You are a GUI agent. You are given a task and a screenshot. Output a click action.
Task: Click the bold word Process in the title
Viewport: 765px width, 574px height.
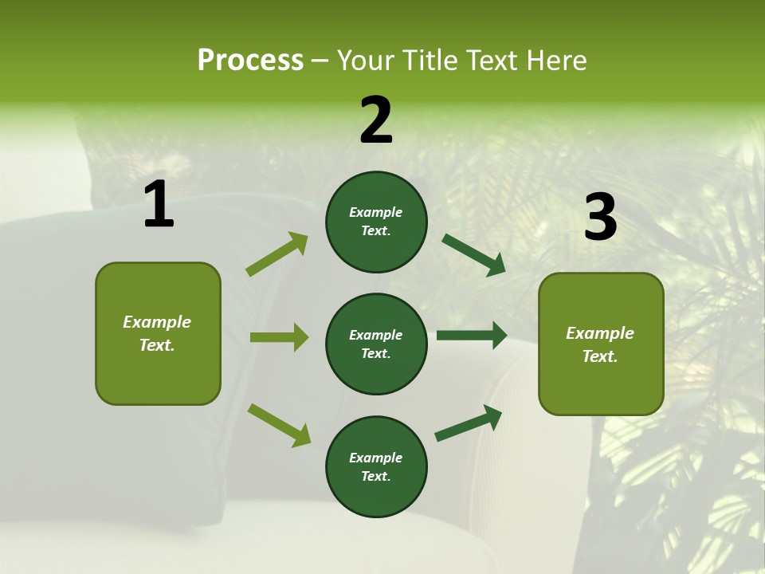pos(250,61)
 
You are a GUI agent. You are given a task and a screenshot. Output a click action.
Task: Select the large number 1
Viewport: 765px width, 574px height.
pos(158,205)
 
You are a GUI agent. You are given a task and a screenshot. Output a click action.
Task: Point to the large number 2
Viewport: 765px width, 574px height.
pos(375,120)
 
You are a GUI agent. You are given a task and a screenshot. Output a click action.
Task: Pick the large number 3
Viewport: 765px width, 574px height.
pos(600,218)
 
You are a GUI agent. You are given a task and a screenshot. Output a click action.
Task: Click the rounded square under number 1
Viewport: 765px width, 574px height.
pos(158,333)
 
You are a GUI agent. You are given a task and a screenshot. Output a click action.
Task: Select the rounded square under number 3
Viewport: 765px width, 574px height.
pos(601,344)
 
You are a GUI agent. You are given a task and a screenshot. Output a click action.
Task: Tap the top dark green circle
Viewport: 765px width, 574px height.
pos(376,222)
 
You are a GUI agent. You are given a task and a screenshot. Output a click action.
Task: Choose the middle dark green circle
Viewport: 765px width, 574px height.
pos(376,344)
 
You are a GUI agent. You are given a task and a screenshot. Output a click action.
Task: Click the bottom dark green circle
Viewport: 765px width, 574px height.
pos(376,466)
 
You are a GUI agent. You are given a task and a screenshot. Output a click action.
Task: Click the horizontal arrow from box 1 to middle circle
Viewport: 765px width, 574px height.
pos(279,337)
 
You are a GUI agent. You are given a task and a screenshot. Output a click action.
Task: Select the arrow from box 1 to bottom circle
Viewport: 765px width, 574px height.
pos(279,425)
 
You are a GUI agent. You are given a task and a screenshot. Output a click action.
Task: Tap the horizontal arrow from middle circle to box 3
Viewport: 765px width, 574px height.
pos(472,336)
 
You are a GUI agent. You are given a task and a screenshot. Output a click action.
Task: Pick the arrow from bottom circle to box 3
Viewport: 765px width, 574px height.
pos(469,423)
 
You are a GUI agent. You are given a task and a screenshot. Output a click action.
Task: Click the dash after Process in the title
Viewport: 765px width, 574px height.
pos(320,61)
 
